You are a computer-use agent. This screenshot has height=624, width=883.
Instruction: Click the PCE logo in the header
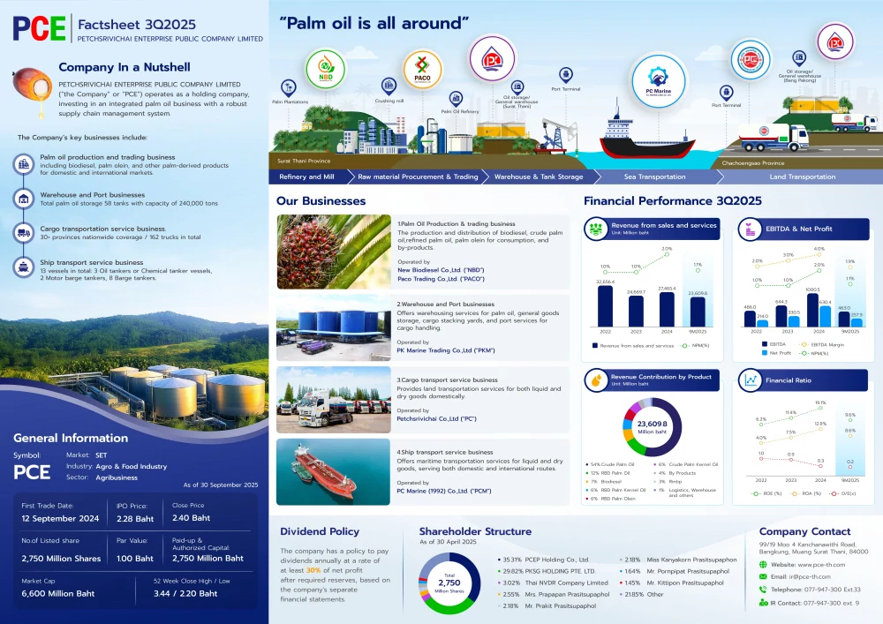(40, 28)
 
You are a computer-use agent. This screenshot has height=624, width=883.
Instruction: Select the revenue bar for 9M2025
(697, 311)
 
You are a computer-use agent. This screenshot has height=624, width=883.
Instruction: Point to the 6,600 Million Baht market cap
(58, 594)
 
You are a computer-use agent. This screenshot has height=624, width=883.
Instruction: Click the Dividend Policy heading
(320, 531)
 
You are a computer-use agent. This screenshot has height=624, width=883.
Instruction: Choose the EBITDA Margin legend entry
(825, 344)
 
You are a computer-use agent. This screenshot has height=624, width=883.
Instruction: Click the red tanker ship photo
(333, 471)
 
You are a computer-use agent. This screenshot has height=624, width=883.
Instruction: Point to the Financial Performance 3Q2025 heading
(672, 201)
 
